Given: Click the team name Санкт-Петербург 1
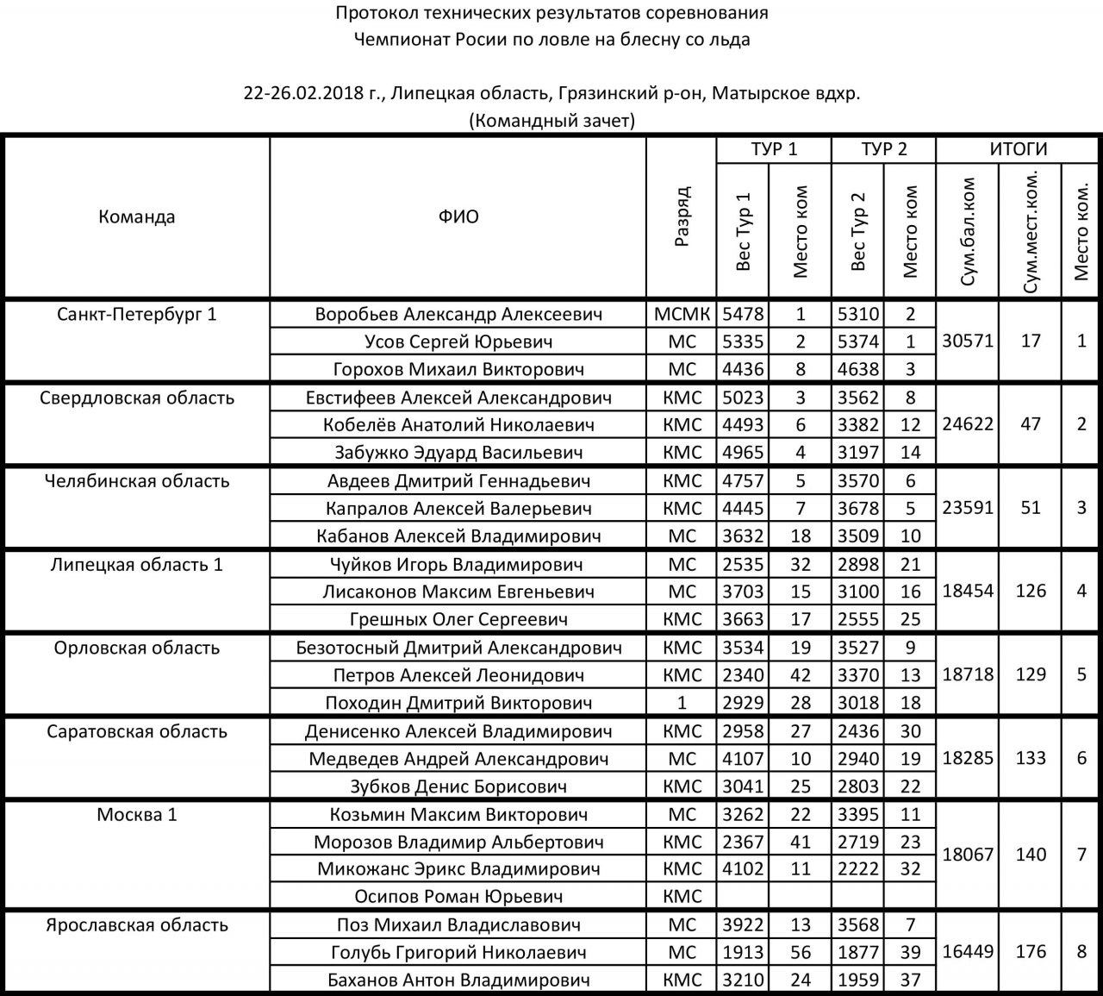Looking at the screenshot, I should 137,314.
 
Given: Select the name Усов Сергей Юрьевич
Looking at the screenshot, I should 458,341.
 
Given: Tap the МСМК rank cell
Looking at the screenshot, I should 682,314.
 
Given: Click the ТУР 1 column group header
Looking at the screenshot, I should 774,149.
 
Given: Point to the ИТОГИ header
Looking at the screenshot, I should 1018,149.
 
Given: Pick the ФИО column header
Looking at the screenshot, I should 458,217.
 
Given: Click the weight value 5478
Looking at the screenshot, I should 743,314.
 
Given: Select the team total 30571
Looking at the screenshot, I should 967,341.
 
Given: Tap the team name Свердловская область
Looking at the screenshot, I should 137,398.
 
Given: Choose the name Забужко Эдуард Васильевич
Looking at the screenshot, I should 458,453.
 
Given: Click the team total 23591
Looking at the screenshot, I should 967,508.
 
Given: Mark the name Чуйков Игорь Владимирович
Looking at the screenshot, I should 458,565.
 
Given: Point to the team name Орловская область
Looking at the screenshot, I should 137,648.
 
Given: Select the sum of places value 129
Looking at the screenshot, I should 1031,674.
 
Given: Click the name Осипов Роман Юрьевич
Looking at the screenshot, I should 458,897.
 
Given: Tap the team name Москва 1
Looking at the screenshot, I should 137,815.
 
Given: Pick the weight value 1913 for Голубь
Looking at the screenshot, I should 743,953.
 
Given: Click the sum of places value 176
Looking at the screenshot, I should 1031,952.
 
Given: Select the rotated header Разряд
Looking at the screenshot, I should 682,217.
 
